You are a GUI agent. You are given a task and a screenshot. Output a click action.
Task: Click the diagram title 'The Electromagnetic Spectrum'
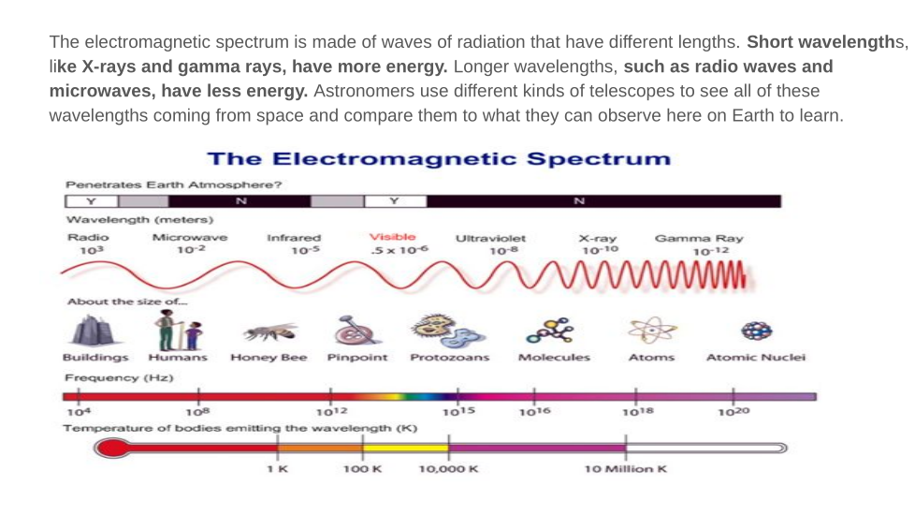pos(438,158)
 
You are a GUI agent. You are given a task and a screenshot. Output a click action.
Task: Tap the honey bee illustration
pos(269,331)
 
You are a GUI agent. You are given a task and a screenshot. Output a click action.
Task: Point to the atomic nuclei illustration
pos(755,331)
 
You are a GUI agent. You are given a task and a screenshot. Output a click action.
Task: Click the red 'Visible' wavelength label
pos(393,237)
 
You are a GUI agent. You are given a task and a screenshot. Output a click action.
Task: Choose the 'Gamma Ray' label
pos(699,238)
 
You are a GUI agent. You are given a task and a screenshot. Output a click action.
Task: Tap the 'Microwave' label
pos(189,238)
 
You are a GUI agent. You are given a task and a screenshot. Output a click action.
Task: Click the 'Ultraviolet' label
pos(490,239)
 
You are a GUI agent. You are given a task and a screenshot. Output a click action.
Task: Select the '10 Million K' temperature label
pos(625,468)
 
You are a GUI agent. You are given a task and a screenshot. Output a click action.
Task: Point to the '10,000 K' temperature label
pos(448,468)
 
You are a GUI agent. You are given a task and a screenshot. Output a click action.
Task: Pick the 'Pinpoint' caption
pos(357,358)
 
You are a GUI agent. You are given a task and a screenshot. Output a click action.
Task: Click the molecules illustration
pos(549,330)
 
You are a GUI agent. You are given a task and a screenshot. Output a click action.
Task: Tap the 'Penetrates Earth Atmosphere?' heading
pos(173,184)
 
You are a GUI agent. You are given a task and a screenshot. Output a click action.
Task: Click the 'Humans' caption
pos(179,358)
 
